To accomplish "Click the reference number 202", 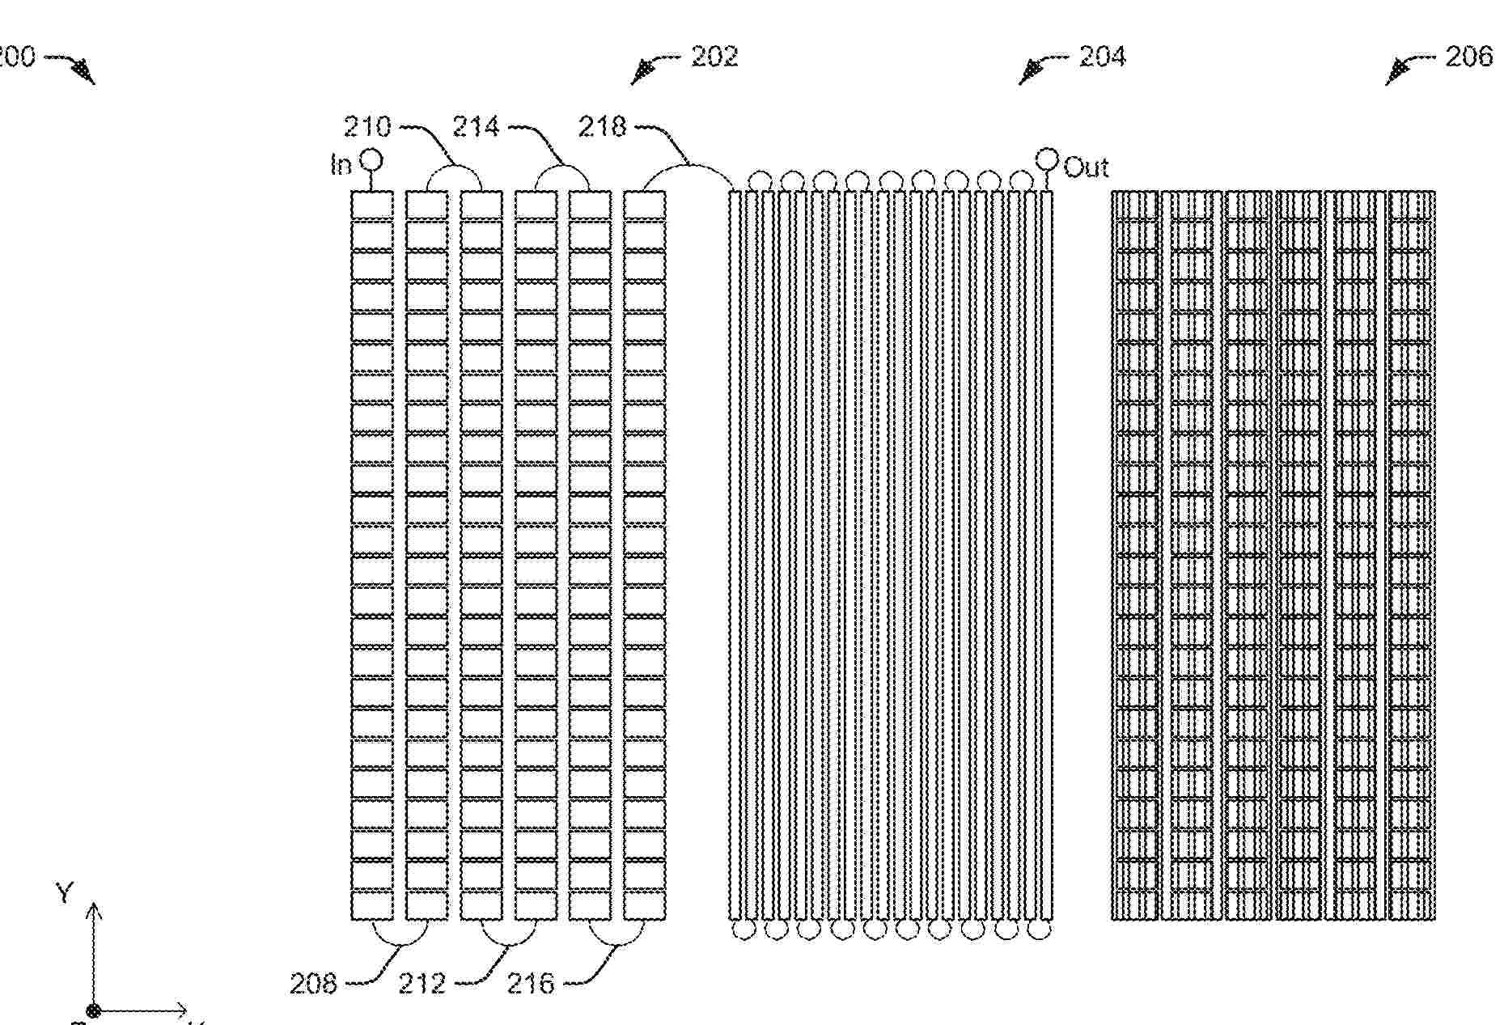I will click(714, 57).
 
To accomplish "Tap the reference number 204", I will click(1102, 57).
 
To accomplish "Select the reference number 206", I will click(1468, 57).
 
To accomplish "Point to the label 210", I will click(367, 127).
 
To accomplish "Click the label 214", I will click(476, 127).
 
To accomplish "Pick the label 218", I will click(603, 126).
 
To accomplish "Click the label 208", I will click(313, 984).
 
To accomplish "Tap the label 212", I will click(422, 984).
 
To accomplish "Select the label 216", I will click(531, 984).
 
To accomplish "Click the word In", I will click(341, 165).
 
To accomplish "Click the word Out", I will click(1086, 167).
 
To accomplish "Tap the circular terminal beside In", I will click(371, 159).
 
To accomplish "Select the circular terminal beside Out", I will click(1047, 157).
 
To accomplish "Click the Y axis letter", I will click(65, 893).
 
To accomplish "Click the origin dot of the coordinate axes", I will click(93, 1010).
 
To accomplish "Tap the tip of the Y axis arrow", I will click(94, 907).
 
